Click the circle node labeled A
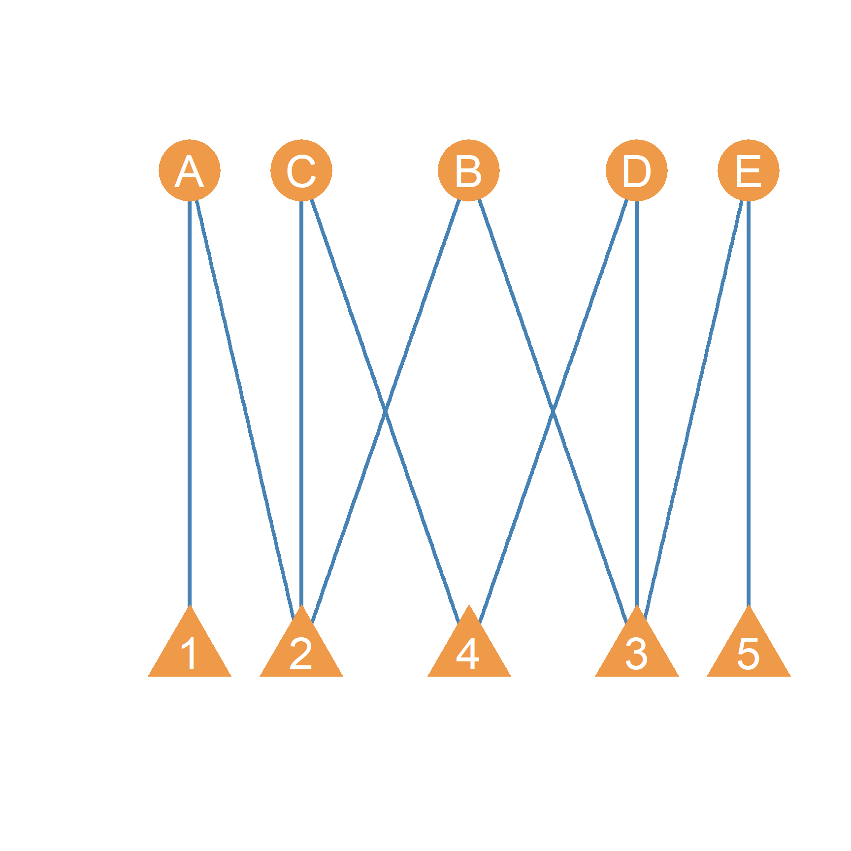(190, 170)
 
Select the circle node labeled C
(301, 170)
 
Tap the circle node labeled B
(469, 170)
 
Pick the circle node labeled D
(637, 170)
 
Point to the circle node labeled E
(749, 170)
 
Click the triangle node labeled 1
(190, 650)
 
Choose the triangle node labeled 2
(301, 650)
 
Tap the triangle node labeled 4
(469, 650)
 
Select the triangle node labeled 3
(637, 650)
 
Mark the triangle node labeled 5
(749, 650)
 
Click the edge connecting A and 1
(190, 403)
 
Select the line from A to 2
(245, 410)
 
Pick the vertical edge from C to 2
(301, 403)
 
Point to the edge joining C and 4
(385, 410)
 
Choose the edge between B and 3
(553, 410)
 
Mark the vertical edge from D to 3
(637, 403)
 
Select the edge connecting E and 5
(749, 403)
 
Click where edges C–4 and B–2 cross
(385, 410)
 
